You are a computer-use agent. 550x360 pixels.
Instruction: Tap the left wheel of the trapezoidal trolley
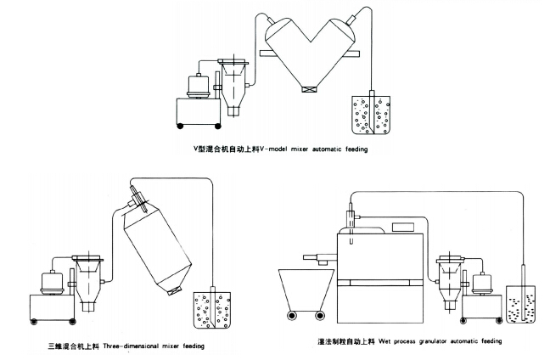coord(294,316)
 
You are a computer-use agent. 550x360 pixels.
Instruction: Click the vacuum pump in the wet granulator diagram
coord(486,282)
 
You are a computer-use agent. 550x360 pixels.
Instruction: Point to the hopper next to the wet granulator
coord(451,280)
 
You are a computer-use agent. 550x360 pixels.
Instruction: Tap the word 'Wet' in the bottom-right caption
coord(391,341)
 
